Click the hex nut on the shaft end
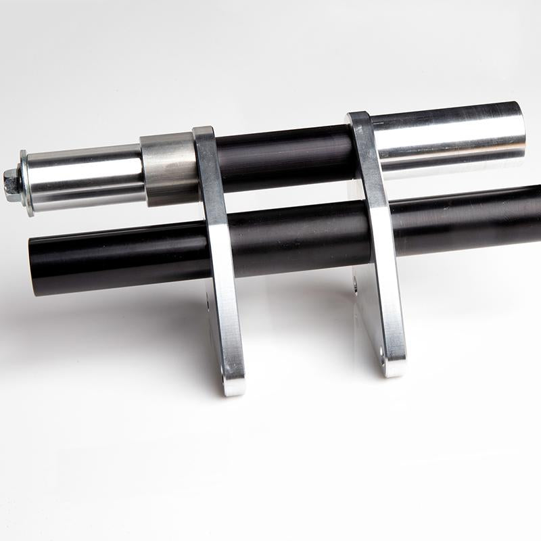coord(11,181)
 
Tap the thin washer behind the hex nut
coord(26,183)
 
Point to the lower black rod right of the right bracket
coord(467,220)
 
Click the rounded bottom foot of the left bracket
coord(233,385)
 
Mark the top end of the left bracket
coord(204,133)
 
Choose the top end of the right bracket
coord(358,118)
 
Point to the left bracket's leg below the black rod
coord(227,325)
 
